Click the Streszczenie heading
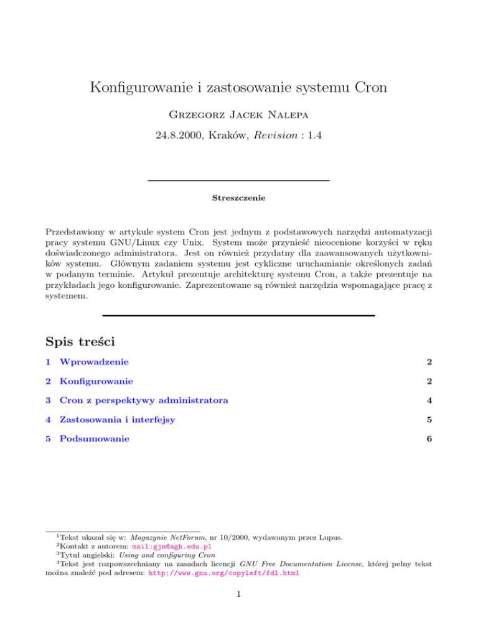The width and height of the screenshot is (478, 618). coord(238,199)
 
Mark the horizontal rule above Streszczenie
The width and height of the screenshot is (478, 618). coord(238,180)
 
